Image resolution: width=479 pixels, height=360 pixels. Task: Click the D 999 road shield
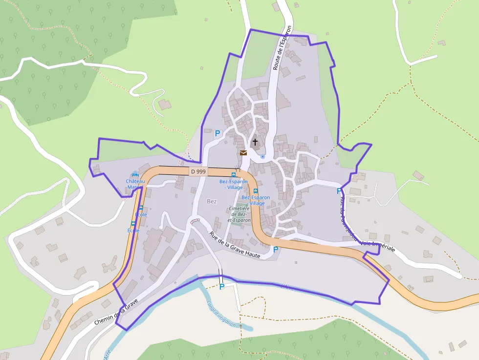click(x=198, y=171)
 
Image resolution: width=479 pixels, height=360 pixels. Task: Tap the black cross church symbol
click(x=255, y=142)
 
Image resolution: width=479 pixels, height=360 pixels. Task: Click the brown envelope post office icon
click(x=243, y=152)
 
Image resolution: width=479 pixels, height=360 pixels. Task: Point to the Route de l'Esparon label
click(x=282, y=48)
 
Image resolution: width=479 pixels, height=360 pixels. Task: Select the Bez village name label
click(x=212, y=201)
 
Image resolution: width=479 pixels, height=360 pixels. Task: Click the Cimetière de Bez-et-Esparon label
click(x=239, y=214)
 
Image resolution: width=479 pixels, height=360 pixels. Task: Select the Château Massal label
click(x=135, y=184)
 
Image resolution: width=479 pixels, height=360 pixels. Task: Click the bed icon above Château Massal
click(x=135, y=174)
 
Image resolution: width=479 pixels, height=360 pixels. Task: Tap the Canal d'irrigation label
click(x=222, y=313)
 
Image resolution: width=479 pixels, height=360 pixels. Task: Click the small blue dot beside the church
click(x=262, y=157)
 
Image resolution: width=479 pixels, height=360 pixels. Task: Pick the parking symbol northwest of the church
click(x=218, y=133)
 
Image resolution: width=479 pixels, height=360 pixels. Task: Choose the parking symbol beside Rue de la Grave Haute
click(x=276, y=249)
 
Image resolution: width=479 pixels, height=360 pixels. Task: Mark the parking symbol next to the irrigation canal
click(x=222, y=287)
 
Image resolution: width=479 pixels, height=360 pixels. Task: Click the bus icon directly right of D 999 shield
click(x=233, y=174)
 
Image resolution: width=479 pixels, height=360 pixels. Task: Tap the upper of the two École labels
click(x=140, y=214)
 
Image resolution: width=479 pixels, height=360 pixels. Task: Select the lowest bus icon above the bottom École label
click(x=133, y=223)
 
